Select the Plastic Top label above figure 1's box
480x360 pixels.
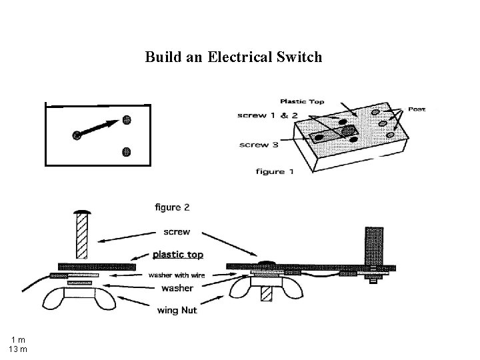[302, 101]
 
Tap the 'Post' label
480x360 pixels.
[417, 109]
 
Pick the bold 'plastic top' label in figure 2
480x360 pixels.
[177, 254]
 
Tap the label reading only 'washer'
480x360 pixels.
[176, 288]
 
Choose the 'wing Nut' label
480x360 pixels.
[176, 309]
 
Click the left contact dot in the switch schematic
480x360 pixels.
[77, 135]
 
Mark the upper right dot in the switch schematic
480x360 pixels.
[127, 121]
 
